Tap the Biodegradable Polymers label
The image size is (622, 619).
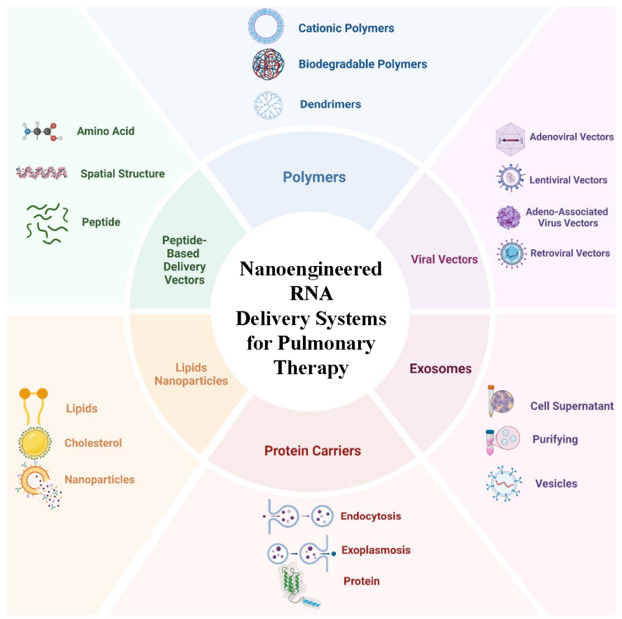tap(363, 64)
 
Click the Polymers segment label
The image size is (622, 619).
tap(314, 177)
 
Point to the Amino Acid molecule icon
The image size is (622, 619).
tap(40, 131)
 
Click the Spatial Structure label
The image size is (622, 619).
tap(123, 173)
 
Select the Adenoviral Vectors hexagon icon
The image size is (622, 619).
tap(511, 138)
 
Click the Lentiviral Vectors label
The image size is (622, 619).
tap(568, 180)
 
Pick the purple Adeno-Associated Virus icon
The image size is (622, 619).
tap(508, 217)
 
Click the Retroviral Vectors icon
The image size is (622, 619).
tap(511, 253)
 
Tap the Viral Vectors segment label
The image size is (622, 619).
tap(444, 259)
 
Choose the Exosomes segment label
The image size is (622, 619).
tap(440, 369)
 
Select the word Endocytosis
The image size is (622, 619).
tap(371, 516)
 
